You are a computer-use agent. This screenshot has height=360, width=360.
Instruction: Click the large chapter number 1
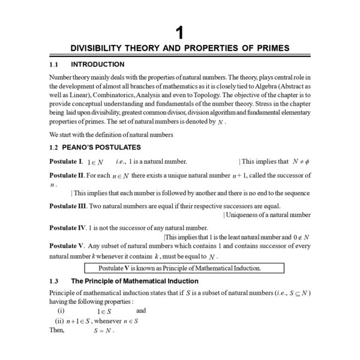[179, 32]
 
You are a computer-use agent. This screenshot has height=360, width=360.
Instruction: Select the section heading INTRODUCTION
[98, 64]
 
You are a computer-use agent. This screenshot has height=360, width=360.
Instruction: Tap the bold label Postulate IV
[68, 228]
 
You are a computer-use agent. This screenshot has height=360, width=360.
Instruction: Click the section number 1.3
[54, 281]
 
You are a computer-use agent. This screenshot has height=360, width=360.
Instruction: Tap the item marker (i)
[61, 311]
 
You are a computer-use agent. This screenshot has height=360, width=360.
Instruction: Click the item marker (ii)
[59, 321]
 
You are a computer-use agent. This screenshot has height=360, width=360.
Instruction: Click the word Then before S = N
[57, 331]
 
